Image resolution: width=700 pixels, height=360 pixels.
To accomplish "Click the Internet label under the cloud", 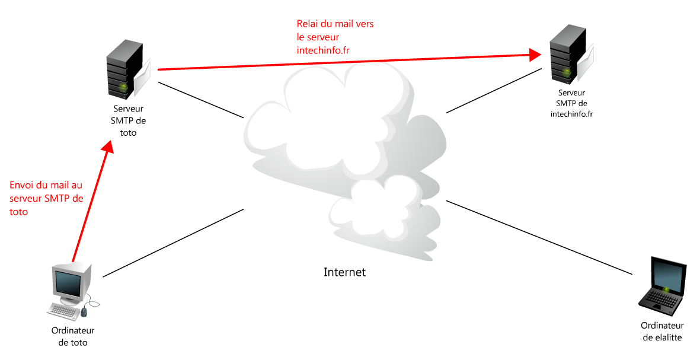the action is pyautogui.click(x=344, y=272).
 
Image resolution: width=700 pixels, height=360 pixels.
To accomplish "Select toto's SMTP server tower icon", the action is pyautogui.click(x=124, y=70).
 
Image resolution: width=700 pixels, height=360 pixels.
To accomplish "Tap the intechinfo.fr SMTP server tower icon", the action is pyautogui.click(x=567, y=55).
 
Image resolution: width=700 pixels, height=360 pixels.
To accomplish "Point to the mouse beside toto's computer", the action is pyautogui.click(x=85, y=311).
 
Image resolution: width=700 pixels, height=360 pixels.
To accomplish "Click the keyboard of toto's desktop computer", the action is pyautogui.click(x=63, y=310).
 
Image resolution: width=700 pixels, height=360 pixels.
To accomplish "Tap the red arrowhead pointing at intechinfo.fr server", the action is pyautogui.click(x=535, y=55).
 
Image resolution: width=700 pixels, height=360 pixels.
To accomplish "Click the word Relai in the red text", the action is pyautogui.click(x=308, y=24).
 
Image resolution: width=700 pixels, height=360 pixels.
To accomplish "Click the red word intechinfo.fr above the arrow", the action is pyautogui.click(x=323, y=50).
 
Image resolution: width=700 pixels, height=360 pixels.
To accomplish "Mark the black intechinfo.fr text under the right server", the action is pyautogui.click(x=571, y=114).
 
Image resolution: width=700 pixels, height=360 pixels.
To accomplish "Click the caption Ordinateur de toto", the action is pyautogui.click(x=73, y=336).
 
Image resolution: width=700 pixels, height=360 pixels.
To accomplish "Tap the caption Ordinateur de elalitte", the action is pyautogui.click(x=662, y=331).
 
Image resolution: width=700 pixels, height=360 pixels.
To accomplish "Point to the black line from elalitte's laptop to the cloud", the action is pyautogui.click(x=539, y=237).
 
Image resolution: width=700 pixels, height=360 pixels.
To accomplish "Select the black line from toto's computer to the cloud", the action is pyautogui.click(x=173, y=243).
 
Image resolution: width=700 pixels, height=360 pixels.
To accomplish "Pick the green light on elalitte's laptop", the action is pyautogui.click(x=666, y=289).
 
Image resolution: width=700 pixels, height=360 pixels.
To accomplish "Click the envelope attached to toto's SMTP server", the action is pyautogui.click(x=143, y=79).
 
